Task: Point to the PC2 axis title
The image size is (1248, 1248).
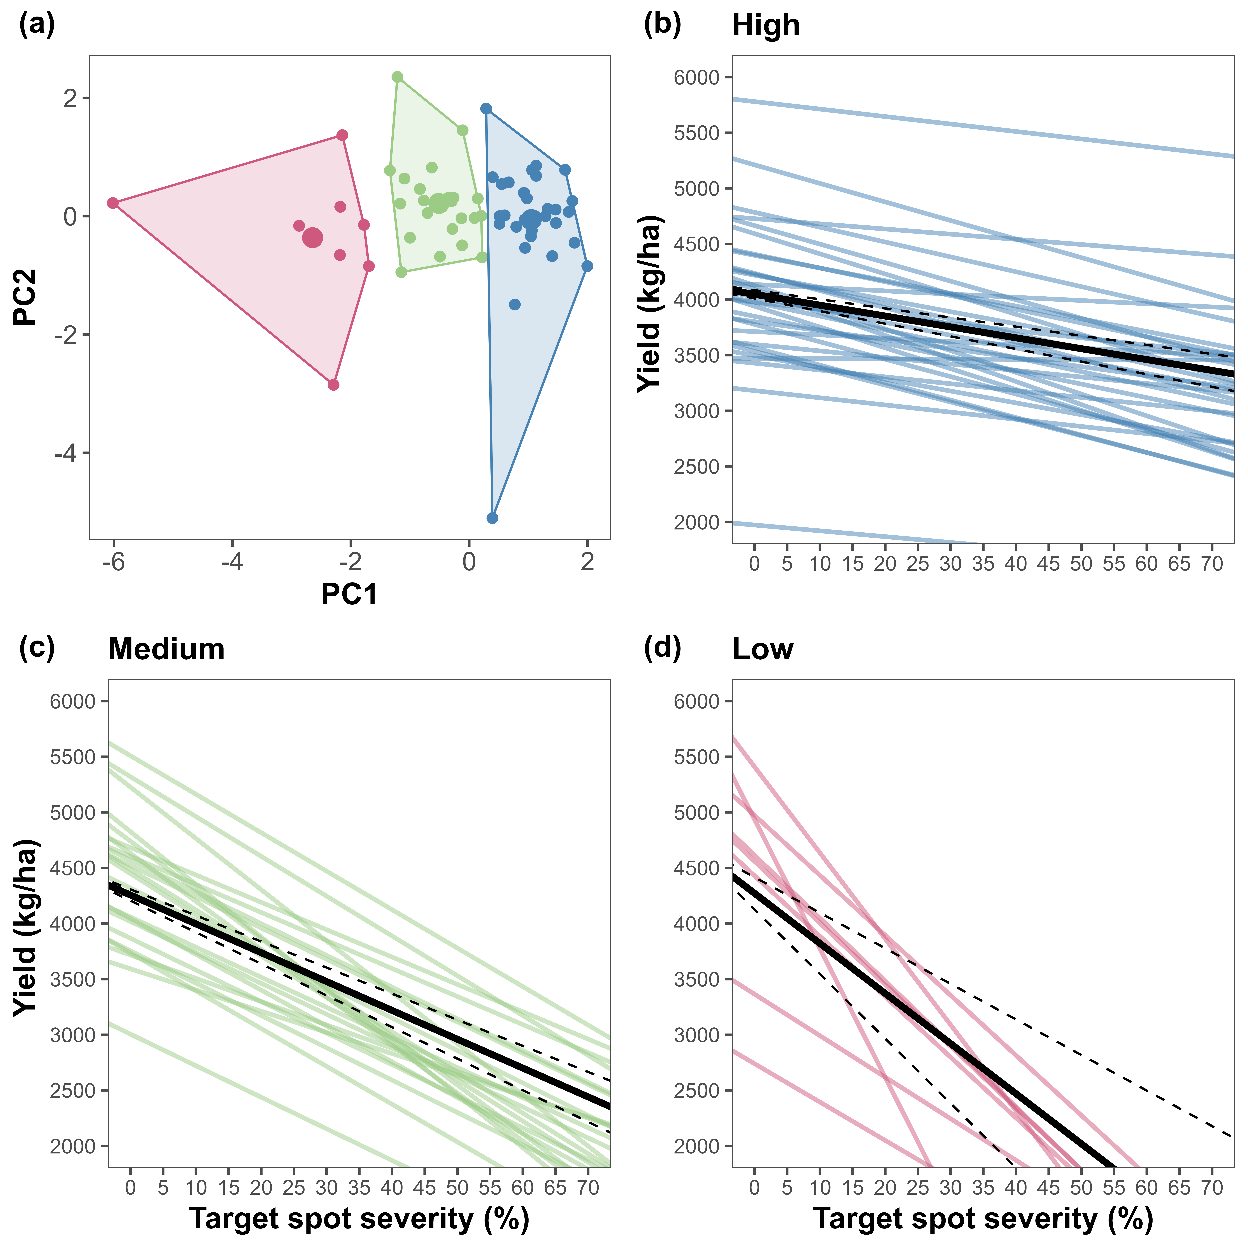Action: click(x=26, y=297)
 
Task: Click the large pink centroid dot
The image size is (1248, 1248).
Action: click(x=312, y=238)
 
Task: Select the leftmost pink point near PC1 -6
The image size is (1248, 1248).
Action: click(x=113, y=203)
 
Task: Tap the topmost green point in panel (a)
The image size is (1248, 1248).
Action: click(x=397, y=77)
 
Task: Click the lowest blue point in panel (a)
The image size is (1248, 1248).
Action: click(x=492, y=518)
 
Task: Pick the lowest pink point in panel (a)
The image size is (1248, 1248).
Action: click(x=333, y=385)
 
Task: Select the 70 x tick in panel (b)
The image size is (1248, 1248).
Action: click(x=1212, y=564)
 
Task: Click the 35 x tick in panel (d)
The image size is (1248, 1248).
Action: click(x=983, y=1187)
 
